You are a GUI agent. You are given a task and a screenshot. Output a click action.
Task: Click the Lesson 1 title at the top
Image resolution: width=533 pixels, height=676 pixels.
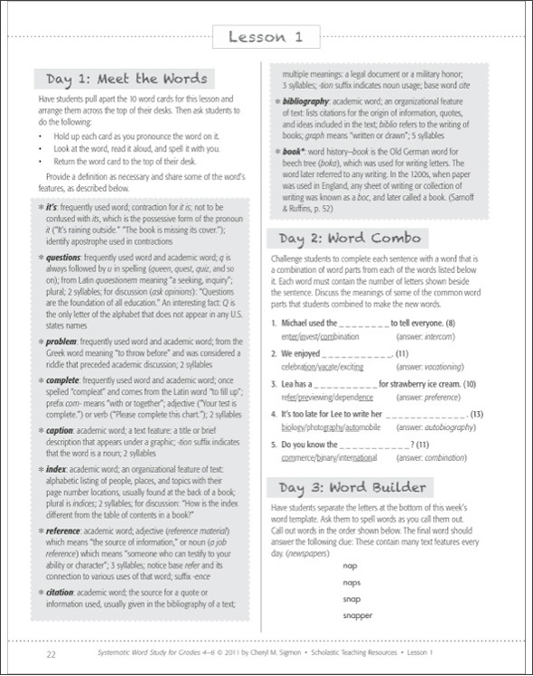tap(266, 36)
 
